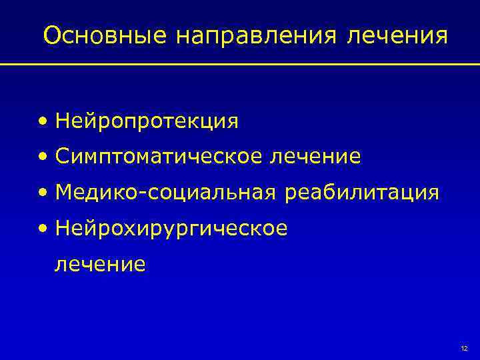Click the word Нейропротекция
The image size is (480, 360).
[147, 121]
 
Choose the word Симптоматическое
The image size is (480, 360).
[160, 157]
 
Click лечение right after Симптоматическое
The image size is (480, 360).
[315, 157]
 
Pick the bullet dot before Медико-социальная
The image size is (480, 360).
[43, 193]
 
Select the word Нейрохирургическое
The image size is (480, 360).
[172, 229]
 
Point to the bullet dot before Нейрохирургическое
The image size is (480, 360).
[43, 229]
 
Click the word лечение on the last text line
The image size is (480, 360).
[100, 265]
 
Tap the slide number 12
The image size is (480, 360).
[464, 349]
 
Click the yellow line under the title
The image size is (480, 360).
[240, 65]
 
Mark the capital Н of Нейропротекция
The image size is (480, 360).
[63, 121]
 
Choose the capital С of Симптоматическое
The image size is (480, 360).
[63, 157]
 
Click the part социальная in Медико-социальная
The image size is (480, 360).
[212, 193]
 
